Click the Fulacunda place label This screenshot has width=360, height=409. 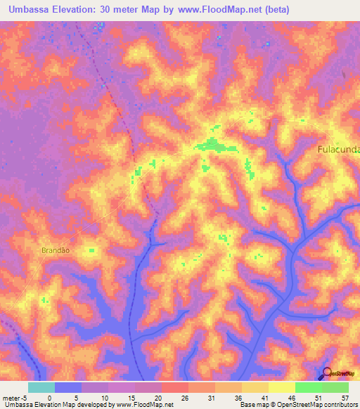pyautogui.click(x=338, y=149)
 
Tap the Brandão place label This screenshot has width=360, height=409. pyautogui.click(x=54, y=249)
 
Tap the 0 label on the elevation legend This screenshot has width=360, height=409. pyautogui.click(x=49, y=397)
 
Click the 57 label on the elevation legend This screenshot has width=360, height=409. pyautogui.click(x=345, y=397)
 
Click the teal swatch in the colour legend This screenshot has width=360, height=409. pyautogui.click(x=41, y=387)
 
